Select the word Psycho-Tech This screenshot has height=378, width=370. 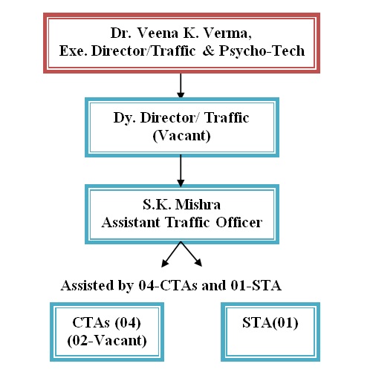(262, 51)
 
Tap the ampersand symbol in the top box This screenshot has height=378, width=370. (209, 50)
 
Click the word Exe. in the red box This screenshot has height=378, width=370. (74, 50)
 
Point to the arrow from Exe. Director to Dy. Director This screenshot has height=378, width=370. (181, 85)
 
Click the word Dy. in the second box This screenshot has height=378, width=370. (125, 118)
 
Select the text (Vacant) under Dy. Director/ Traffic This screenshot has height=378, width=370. (181, 136)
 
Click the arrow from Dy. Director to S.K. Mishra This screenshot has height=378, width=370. (181, 171)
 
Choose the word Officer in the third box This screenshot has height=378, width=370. (239, 222)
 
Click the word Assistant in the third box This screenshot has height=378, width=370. (131, 222)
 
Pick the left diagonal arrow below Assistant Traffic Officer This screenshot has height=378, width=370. (171, 255)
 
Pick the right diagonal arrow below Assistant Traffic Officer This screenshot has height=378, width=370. (192, 254)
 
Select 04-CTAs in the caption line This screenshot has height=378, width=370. (168, 285)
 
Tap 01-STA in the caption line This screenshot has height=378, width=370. (256, 285)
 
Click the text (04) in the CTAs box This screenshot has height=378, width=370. (128, 323)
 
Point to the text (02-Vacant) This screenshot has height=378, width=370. (107, 341)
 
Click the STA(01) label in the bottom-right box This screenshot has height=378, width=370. (270, 323)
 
